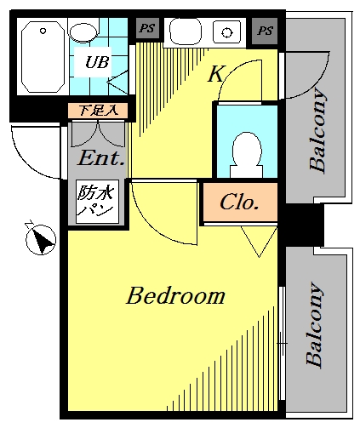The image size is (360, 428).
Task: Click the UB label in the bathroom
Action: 97,62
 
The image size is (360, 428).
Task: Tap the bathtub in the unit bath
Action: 43,57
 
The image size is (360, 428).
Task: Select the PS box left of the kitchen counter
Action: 147,28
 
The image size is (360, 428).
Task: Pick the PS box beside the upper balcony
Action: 265,31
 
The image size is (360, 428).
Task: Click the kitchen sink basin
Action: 186,31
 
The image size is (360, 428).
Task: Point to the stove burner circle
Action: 226,32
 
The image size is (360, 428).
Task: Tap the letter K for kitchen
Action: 217,73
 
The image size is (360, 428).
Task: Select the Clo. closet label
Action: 239,203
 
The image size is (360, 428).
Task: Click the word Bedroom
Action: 175,295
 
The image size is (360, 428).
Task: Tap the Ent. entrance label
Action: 101,158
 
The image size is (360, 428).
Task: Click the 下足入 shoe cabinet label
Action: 98,111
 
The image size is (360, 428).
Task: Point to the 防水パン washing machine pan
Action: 97,202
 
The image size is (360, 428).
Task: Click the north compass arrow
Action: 43,241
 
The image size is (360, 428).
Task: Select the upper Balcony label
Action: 317,130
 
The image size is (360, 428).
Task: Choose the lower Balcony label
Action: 314,324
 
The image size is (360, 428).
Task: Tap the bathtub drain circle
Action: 43,31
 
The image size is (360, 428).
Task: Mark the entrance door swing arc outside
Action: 27,163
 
